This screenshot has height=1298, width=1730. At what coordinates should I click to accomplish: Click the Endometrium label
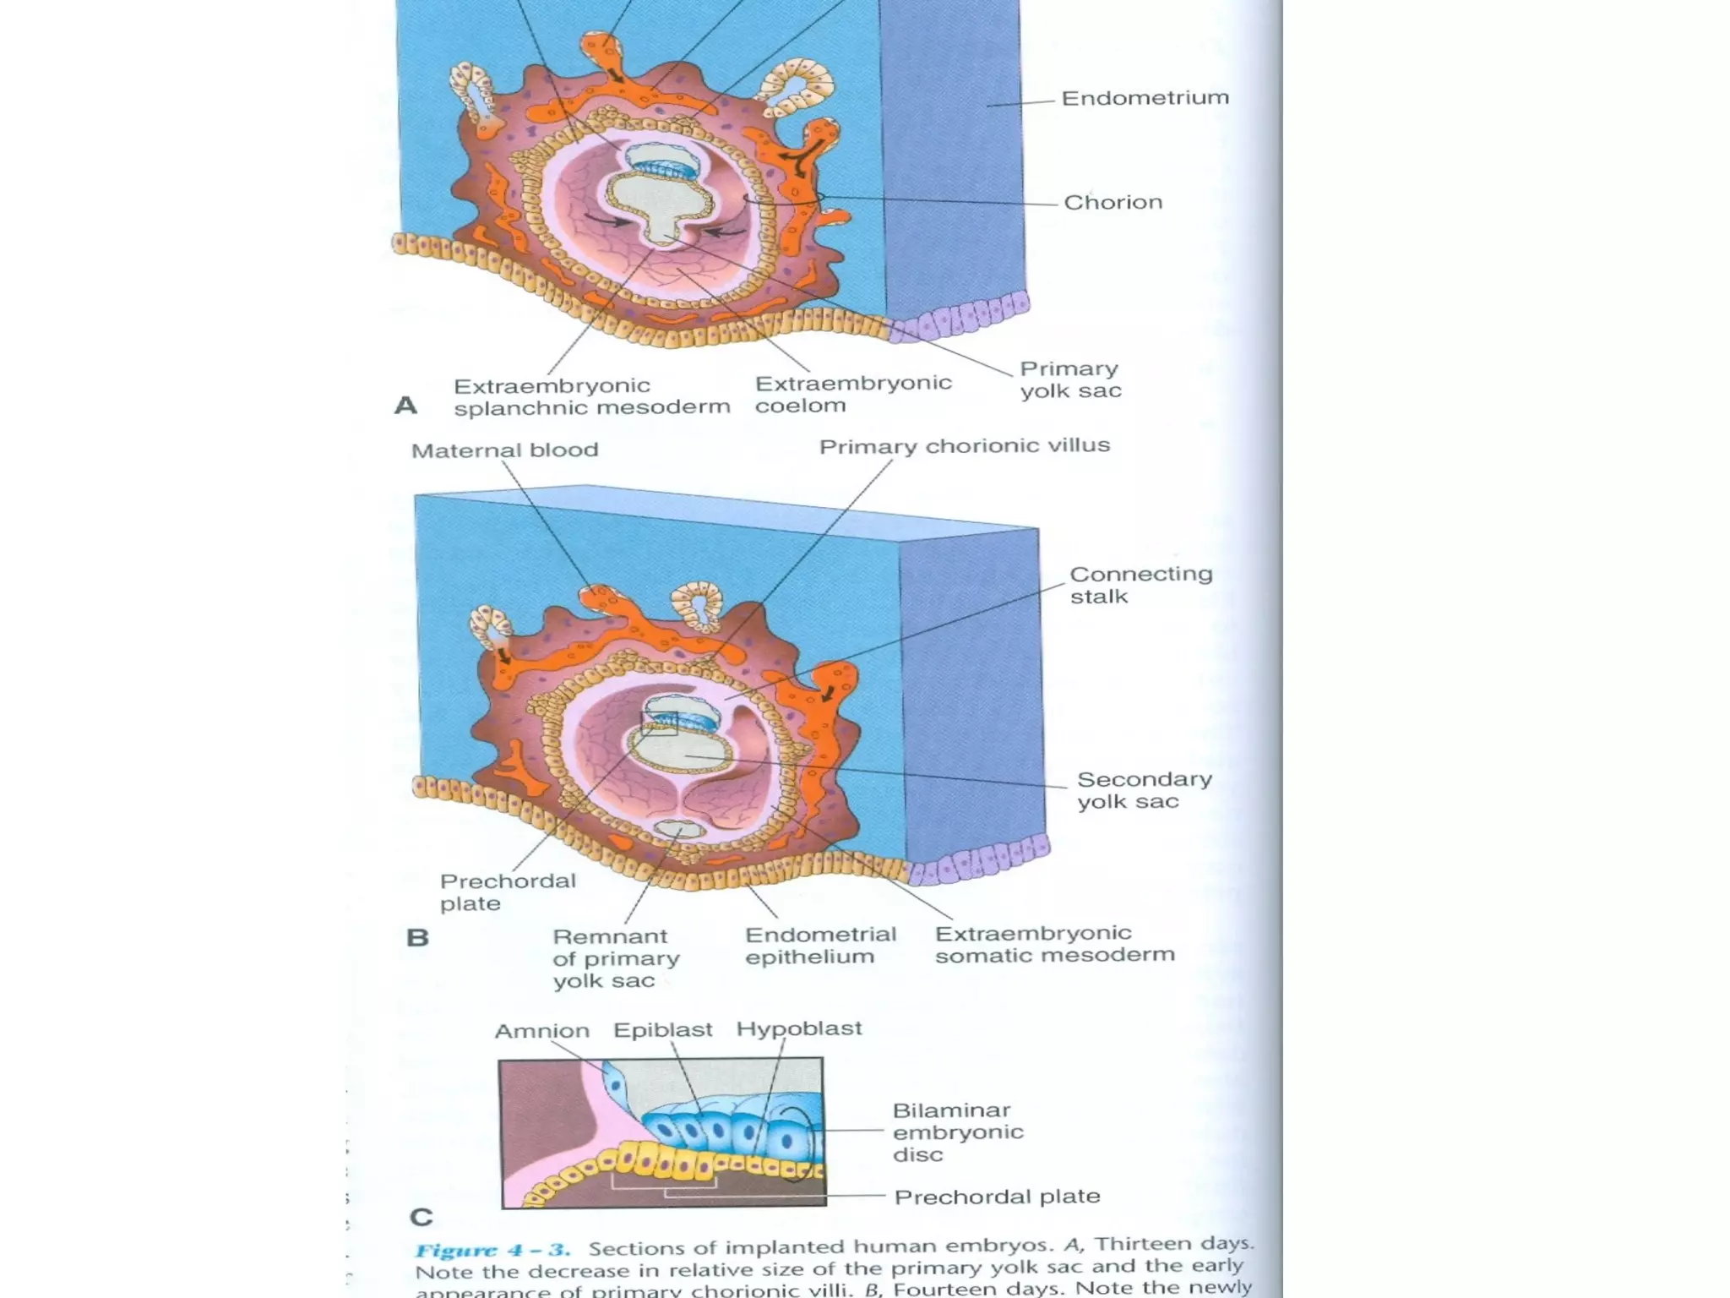pyautogui.click(x=1145, y=98)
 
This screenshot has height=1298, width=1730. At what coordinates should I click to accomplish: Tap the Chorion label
pyautogui.click(x=1113, y=203)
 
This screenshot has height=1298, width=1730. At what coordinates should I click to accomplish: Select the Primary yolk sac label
pyautogui.click(x=1070, y=380)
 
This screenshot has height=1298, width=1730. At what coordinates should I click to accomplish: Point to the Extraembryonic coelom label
pyautogui.click(x=852, y=395)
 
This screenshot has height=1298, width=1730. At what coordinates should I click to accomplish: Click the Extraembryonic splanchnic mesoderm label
pyautogui.click(x=591, y=397)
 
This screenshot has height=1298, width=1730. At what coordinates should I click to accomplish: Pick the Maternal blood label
pyautogui.click(x=504, y=450)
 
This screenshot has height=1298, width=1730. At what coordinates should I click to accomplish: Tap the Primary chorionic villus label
pyautogui.click(x=964, y=446)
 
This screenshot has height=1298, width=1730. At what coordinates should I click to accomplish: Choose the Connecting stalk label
pyautogui.click(x=1140, y=585)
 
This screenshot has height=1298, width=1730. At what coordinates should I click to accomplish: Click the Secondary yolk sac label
pyautogui.click(x=1144, y=790)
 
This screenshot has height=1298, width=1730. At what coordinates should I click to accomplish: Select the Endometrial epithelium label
pyautogui.click(x=820, y=946)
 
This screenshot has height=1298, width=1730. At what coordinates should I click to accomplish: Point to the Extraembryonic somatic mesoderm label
pyautogui.click(x=1054, y=944)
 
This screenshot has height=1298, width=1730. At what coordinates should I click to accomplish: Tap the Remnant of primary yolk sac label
pyautogui.click(x=616, y=958)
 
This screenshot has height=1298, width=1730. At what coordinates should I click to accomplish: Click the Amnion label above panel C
pyautogui.click(x=541, y=1032)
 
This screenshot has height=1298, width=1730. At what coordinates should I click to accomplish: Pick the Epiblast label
pyautogui.click(x=662, y=1030)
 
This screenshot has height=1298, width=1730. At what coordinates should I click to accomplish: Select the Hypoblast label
pyautogui.click(x=798, y=1028)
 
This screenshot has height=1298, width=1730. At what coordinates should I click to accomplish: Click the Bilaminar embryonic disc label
pyautogui.click(x=958, y=1132)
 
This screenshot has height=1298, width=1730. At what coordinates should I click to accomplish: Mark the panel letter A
pyautogui.click(x=405, y=406)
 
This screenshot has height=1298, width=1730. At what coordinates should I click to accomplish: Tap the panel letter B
pyautogui.click(x=417, y=938)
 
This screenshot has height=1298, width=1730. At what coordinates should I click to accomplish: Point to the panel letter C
pyautogui.click(x=421, y=1218)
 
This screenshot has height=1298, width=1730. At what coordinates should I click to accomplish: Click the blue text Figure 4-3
pyautogui.click(x=492, y=1251)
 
